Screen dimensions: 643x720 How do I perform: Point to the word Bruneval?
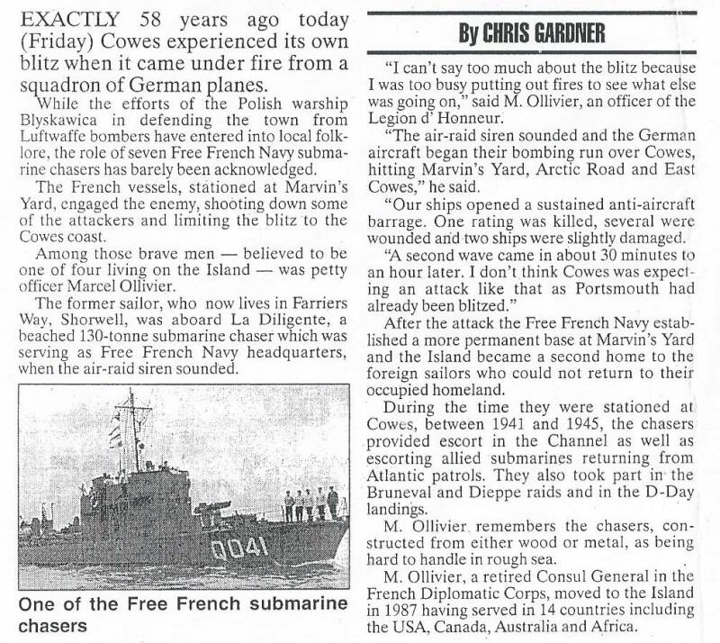point(407,492)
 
